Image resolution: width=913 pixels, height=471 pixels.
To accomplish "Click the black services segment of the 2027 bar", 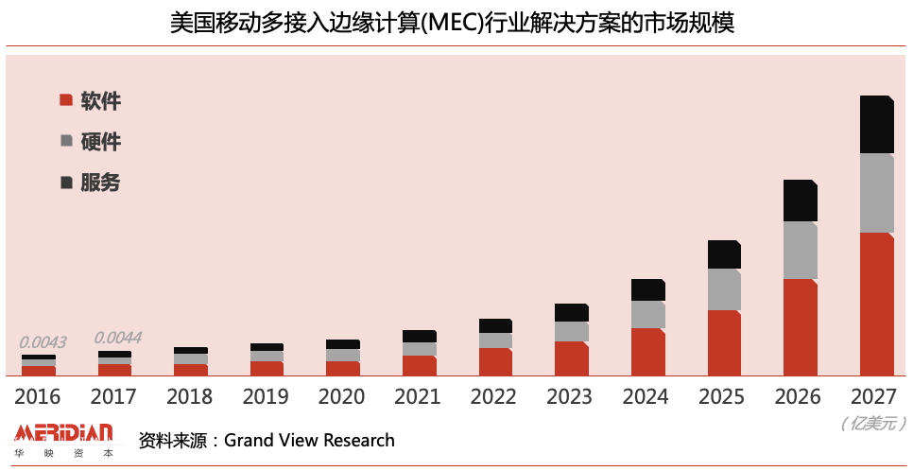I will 876,124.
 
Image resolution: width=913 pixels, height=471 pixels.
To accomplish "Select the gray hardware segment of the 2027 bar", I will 876,193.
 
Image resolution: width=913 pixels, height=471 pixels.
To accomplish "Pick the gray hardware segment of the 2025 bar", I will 724,289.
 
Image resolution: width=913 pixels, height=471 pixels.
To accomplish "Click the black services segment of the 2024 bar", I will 647,289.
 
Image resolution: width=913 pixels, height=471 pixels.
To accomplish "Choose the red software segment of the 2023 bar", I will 571,358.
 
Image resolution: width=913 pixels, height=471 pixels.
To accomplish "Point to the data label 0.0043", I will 43,342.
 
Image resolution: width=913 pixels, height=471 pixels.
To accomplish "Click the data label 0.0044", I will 118,338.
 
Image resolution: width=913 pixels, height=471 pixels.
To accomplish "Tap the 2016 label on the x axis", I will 38,397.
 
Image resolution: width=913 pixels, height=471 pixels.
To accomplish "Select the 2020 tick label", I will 342,397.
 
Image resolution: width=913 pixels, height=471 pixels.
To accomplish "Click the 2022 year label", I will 495,397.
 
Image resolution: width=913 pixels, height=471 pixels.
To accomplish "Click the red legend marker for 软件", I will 66,100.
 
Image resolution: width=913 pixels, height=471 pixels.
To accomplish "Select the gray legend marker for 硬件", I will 66,141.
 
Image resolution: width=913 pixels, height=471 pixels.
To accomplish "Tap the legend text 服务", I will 100,183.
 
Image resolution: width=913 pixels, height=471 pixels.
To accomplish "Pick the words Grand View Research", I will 309,440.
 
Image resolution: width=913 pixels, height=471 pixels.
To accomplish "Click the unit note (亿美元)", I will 873,424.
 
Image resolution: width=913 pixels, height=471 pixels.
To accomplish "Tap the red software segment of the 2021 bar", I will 419,365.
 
